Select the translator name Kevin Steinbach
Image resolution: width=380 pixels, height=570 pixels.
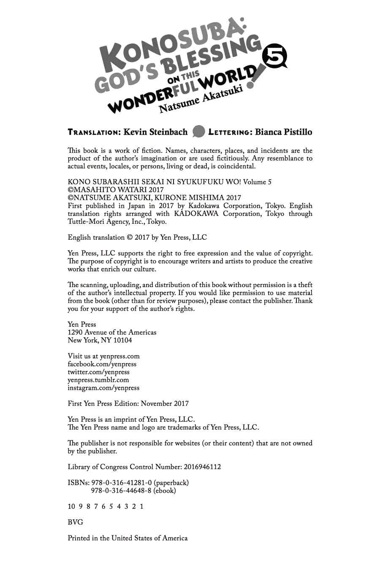pyautogui.click(x=155, y=132)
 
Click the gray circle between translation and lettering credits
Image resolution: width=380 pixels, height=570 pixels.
pyautogui.click(x=198, y=132)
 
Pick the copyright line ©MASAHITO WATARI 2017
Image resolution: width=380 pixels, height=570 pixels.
pyautogui.click(x=116, y=190)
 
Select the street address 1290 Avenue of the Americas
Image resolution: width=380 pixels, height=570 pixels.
pyautogui.click(x=112, y=332)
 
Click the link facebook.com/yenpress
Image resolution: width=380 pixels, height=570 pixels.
pyautogui.click(x=102, y=364)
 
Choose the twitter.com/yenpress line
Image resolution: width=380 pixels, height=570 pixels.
pyautogui.click(x=99, y=372)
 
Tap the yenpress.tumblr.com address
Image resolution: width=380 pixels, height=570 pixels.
pyautogui.click(x=98, y=380)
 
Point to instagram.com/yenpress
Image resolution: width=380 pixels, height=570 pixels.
pyautogui.click(x=103, y=388)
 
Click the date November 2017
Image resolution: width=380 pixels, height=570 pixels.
pyautogui.click(x=165, y=404)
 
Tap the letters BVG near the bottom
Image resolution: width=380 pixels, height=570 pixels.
pyautogui.click(x=75, y=522)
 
